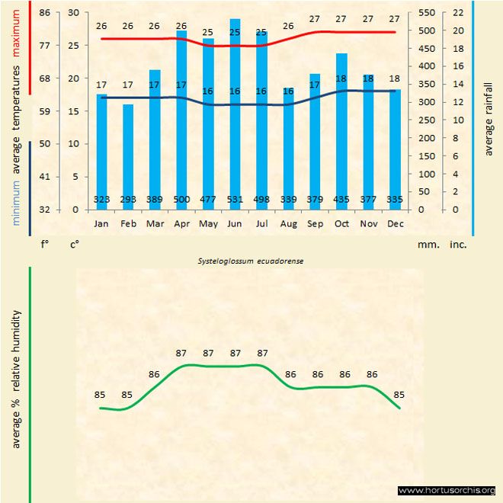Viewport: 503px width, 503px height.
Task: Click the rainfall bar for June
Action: tap(235, 114)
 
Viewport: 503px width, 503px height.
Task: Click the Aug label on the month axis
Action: tap(288, 224)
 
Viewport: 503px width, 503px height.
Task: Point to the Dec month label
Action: tap(395, 224)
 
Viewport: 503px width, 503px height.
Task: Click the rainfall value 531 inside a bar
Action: tap(235, 200)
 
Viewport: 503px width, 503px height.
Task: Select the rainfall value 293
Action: tap(128, 200)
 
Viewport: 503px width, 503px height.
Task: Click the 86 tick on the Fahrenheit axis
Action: tap(45, 13)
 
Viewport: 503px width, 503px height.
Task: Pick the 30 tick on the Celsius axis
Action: tap(73, 13)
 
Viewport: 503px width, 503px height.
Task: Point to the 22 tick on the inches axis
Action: tap(457, 13)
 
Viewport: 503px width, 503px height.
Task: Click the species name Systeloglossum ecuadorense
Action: tap(251, 261)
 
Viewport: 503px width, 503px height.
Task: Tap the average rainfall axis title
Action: tap(489, 118)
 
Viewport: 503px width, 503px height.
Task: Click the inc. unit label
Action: tap(457, 245)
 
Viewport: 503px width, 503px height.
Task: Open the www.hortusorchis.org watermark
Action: tap(447, 490)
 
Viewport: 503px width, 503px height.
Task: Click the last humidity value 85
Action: tap(399, 395)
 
